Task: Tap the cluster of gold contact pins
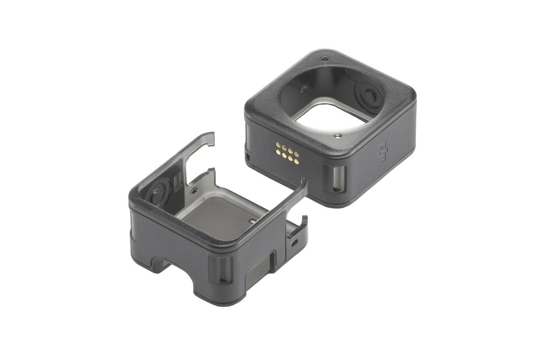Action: pyautogui.click(x=288, y=153)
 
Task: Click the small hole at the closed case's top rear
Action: pyautogui.click(x=325, y=59)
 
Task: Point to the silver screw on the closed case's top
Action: pyautogui.click(x=338, y=136)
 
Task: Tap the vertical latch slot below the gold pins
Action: pyautogui.click(x=335, y=179)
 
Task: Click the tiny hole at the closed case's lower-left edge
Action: pyautogui.click(x=247, y=157)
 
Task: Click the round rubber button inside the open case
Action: pyautogui.click(x=158, y=192)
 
